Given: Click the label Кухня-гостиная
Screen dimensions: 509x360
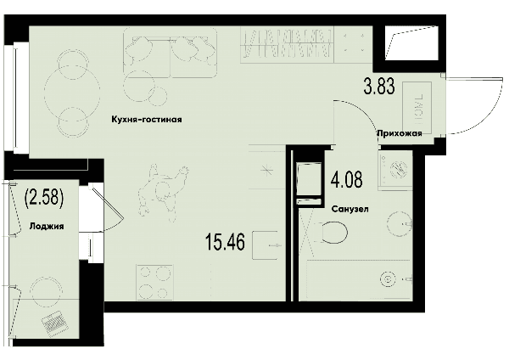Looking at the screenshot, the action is pyautogui.click(x=147, y=120).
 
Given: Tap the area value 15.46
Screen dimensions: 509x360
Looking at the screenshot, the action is pyautogui.click(x=225, y=242).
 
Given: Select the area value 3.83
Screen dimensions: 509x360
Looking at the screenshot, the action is pyautogui.click(x=379, y=86).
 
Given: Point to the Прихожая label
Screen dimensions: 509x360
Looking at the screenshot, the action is pyautogui.click(x=400, y=133).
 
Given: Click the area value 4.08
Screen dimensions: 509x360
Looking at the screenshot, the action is pyautogui.click(x=346, y=180).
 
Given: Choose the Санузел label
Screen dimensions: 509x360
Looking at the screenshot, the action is pyautogui.click(x=350, y=209).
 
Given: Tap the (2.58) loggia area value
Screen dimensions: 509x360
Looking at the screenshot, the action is pyautogui.click(x=44, y=198).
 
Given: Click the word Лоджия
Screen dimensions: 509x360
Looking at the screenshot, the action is pyautogui.click(x=47, y=226).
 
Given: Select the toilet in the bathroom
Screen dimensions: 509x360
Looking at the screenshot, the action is pyautogui.click(x=331, y=233).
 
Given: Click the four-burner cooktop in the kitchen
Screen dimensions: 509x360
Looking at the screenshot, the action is pyautogui.click(x=155, y=282).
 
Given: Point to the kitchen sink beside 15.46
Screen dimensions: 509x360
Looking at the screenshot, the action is pyautogui.click(x=265, y=245).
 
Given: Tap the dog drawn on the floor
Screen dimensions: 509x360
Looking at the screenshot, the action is pyautogui.click(x=162, y=193).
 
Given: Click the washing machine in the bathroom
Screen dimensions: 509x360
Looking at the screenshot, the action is pyautogui.click(x=395, y=170).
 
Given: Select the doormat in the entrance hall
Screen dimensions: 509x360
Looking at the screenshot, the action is pyautogui.click(x=417, y=108).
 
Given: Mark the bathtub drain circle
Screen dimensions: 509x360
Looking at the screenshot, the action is pyautogui.click(x=388, y=278).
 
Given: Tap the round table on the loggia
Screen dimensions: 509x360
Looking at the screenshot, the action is pyautogui.click(x=47, y=292).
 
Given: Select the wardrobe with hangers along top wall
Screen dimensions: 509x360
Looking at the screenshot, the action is pyautogui.click(x=288, y=44).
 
